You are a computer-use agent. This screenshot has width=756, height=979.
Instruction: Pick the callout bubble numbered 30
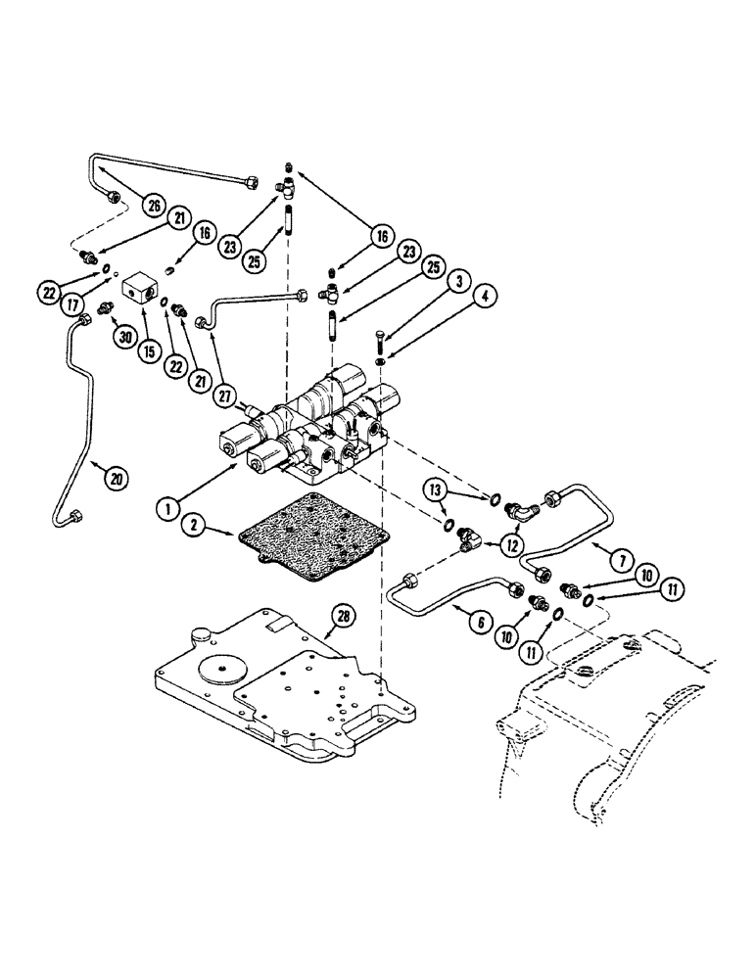point(120,335)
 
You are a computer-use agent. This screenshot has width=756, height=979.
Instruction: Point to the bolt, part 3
point(377,344)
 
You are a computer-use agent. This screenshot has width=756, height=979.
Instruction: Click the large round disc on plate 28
point(225,670)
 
